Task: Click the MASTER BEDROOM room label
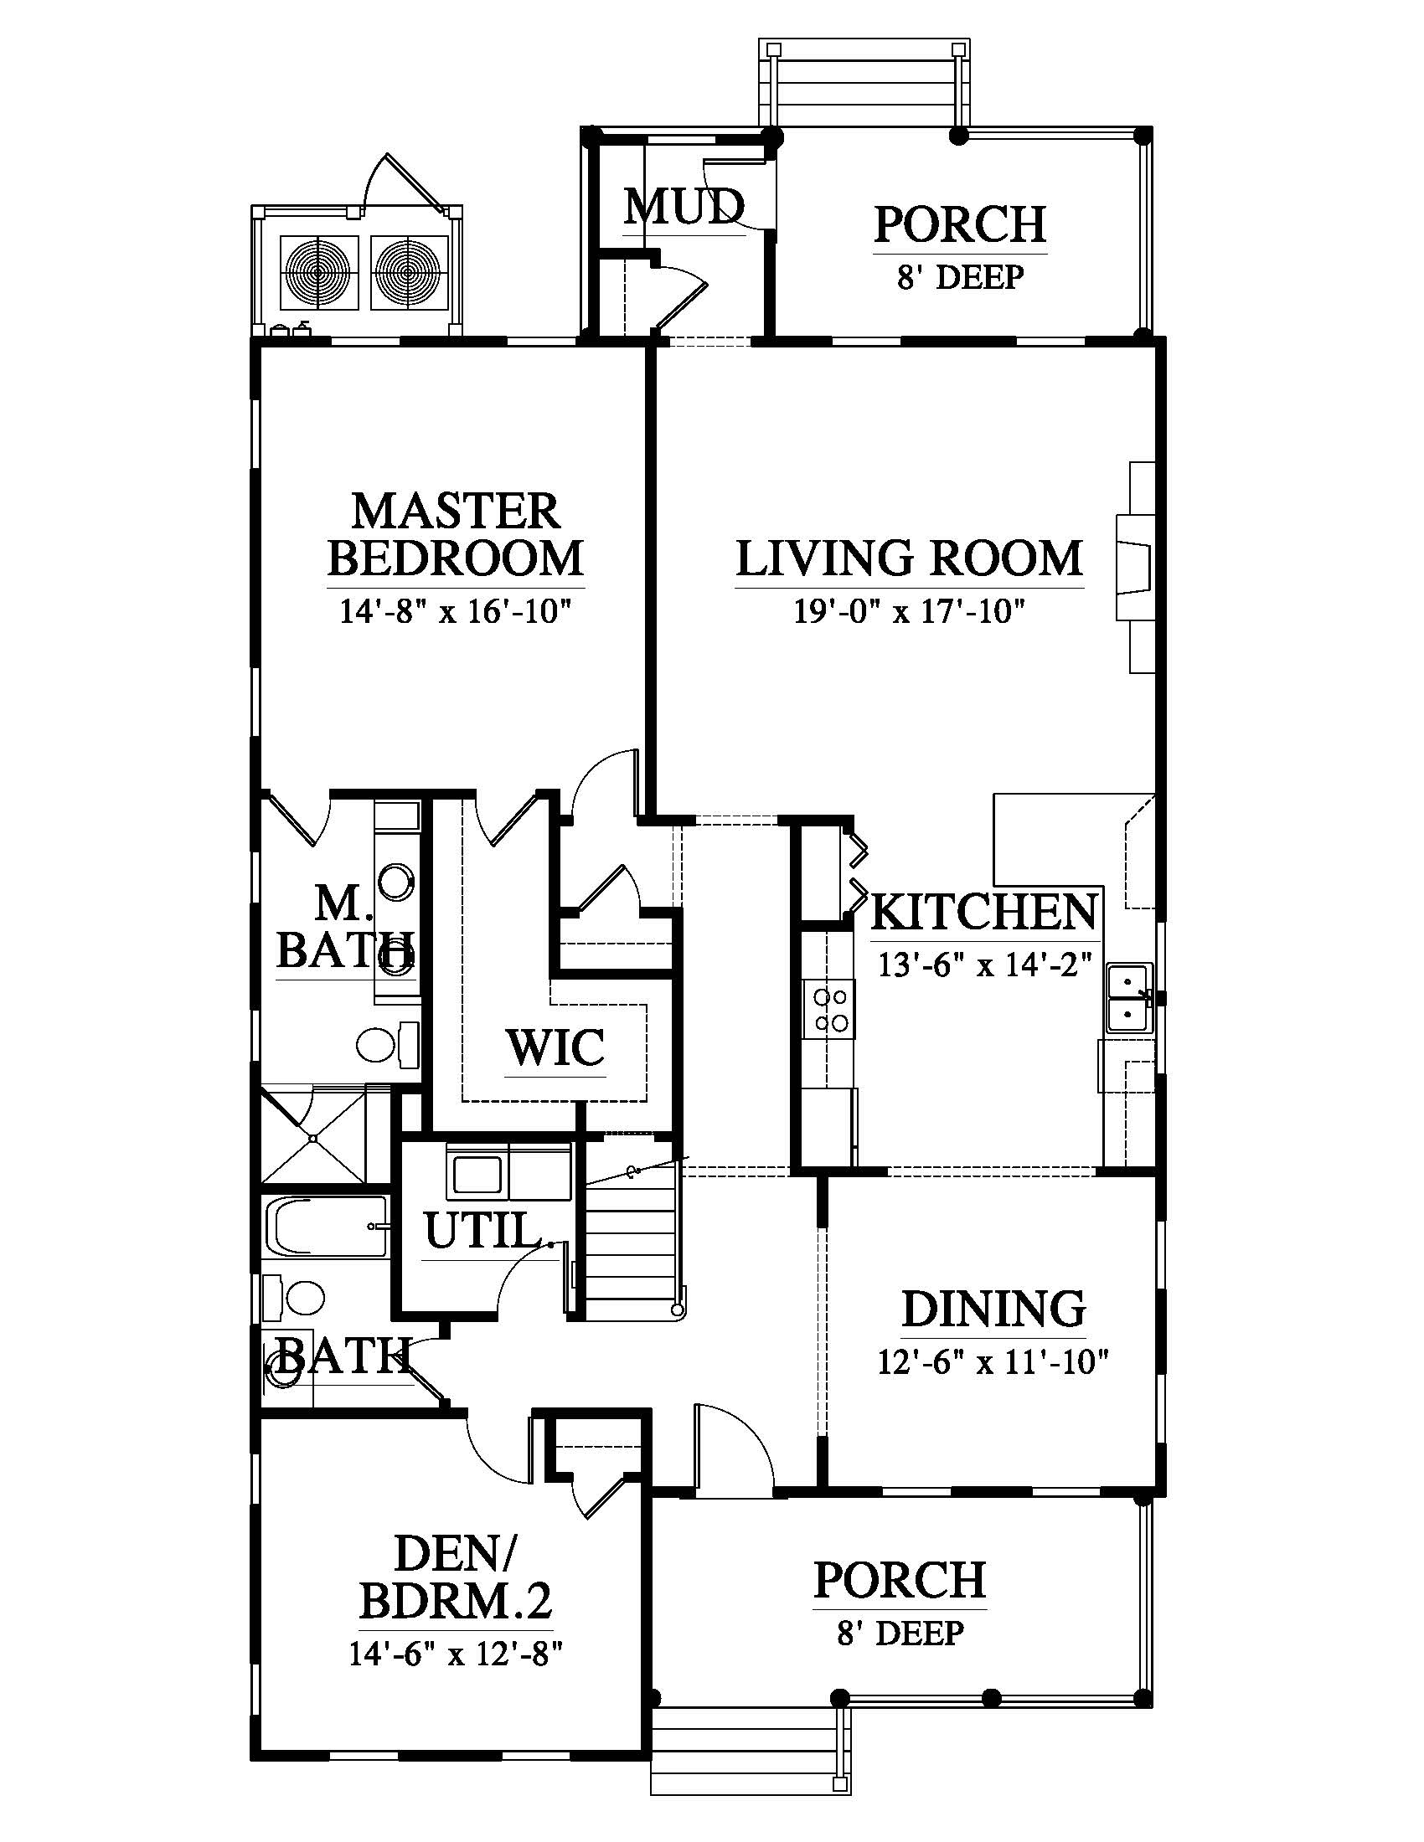tap(456, 535)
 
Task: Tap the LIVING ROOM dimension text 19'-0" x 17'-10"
tap(909, 610)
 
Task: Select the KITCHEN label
tap(983, 913)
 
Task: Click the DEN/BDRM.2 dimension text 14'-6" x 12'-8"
tap(456, 1653)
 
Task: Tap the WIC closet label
tap(556, 1047)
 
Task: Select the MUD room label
tap(684, 206)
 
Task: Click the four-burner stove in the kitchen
tap(828, 1010)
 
